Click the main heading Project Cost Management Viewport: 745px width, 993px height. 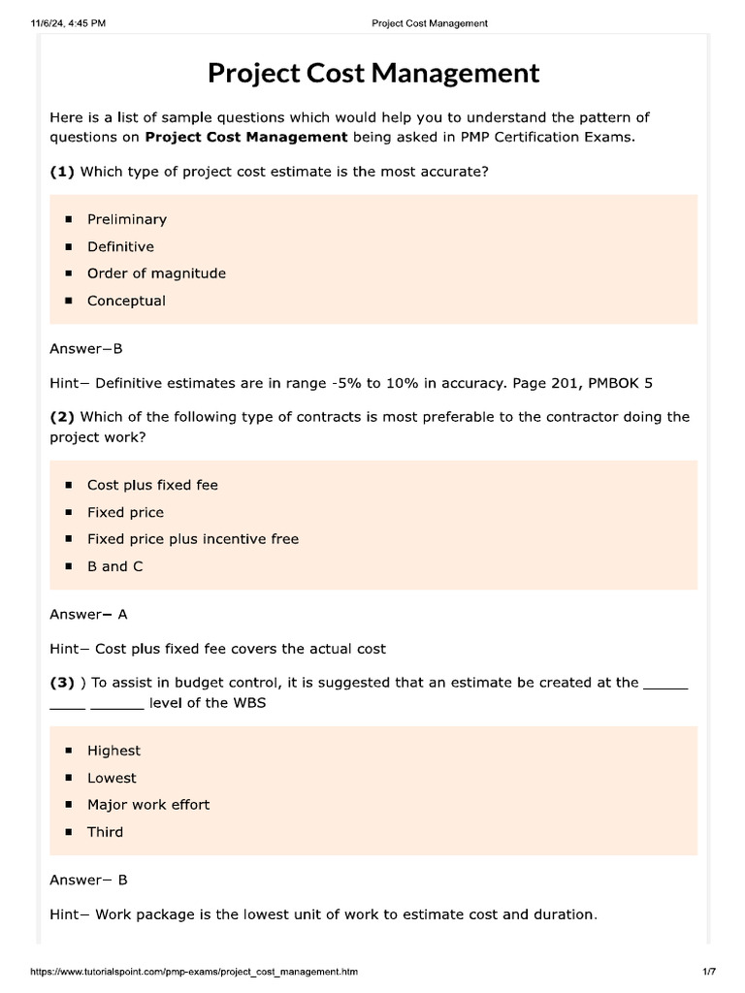[372, 74]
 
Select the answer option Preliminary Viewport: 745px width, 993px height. [126, 219]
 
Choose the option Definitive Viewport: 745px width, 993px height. [120, 246]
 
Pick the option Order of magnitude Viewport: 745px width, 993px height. [156, 273]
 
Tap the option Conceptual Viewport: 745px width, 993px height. [126, 301]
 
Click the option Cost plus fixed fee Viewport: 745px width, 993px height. [152, 485]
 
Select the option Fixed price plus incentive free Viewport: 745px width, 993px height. [192, 539]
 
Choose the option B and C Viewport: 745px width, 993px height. [114, 566]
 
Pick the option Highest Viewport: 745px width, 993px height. [113, 751]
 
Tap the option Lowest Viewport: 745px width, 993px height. [112, 778]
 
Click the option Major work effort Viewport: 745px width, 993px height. [147, 805]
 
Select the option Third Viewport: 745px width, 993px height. [105, 832]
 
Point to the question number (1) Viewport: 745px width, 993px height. [62, 172]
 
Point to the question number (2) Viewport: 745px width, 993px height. [62, 417]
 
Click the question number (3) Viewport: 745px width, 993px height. [62, 683]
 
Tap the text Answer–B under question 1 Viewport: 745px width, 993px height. [86, 348]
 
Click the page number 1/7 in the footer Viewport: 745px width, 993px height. [708, 971]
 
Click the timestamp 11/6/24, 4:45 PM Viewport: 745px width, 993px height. [68, 22]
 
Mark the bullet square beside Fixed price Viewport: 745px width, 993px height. [69, 512]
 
